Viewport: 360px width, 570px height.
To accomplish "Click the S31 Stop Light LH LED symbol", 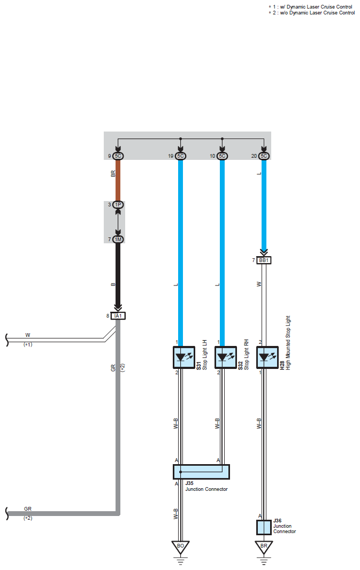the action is (x=183, y=357).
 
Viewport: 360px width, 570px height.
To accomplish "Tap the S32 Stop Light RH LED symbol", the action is (x=225, y=357).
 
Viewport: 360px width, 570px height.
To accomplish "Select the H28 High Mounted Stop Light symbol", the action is (x=267, y=357).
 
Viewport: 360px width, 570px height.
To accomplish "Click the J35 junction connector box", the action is (x=201, y=472).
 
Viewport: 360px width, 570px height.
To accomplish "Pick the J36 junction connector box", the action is (x=264, y=527).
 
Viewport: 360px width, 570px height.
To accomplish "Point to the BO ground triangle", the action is (x=180, y=547).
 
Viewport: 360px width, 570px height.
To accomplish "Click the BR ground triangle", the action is (x=264, y=547).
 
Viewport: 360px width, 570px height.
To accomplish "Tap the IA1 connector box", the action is (x=118, y=316).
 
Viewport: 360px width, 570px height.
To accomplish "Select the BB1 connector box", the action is (x=264, y=260).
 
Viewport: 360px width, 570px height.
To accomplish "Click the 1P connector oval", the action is (x=118, y=205).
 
